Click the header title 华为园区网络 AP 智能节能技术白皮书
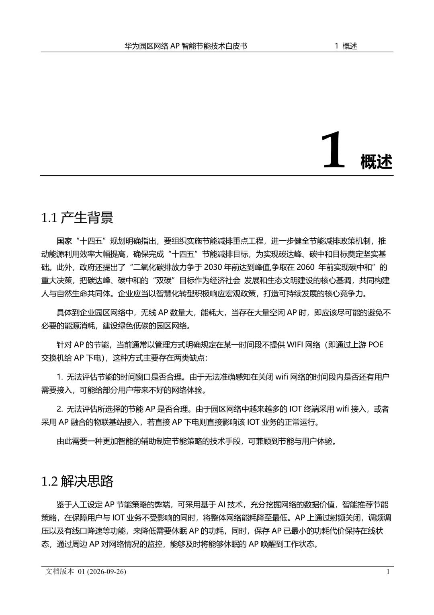click(x=186, y=46)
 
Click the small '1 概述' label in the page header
click(x=346, y=46)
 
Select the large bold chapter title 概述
click(x=376, y=162)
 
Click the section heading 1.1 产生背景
click(x=77, y=218)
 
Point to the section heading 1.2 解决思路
click(x=78, y=481)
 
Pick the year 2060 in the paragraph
click(x=306, y=267)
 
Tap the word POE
click(x=375, y=345)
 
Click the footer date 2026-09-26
click(x=105, y=572)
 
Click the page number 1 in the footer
click(x=388, y=572)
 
